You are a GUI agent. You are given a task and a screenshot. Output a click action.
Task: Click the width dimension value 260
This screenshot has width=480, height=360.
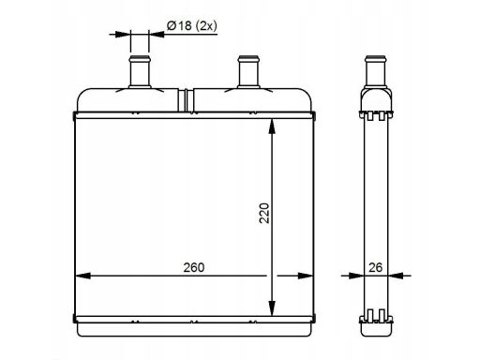[193, 267]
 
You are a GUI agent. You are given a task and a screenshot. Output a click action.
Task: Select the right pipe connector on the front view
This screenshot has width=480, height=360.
[248, 72]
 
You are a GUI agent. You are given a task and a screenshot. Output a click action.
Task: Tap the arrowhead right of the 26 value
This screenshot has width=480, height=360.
[396, 276]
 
